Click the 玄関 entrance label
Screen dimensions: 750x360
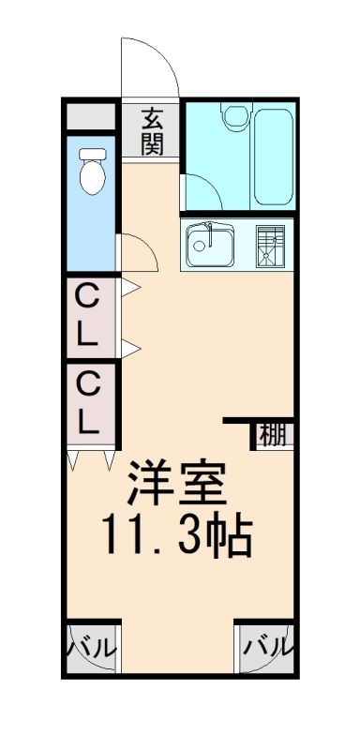[153, 131]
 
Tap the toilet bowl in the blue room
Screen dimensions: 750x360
[93, 177]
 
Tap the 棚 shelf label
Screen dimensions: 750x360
[273, 435]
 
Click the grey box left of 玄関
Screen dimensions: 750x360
[91, 116]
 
